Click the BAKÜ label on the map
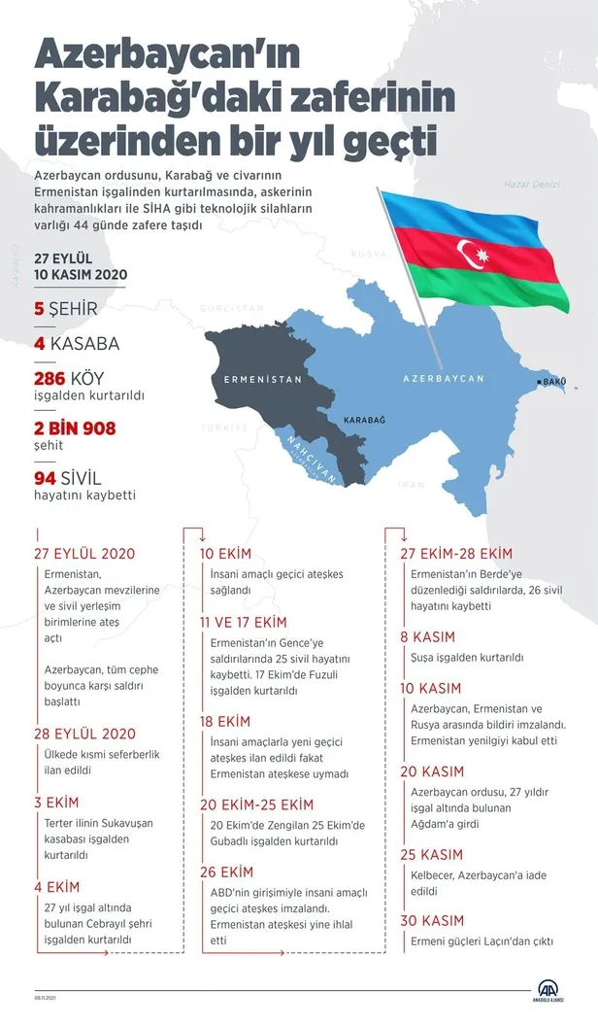tap(553, 382)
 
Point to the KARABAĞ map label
tap(364, 419)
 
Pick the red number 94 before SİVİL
tap(47, 477)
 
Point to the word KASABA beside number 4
tap(84, 344)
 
